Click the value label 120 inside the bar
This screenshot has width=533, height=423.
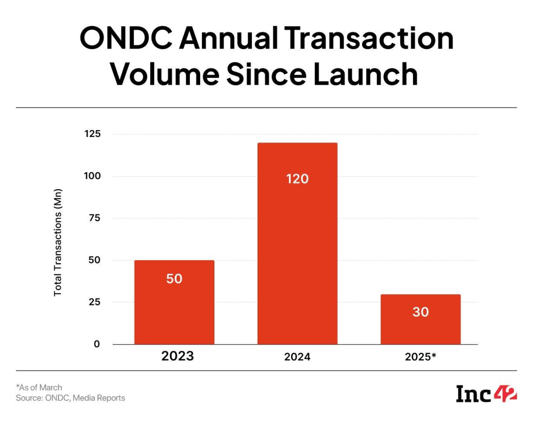(x=297, y=179)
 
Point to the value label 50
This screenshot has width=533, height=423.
(x=174, y=279)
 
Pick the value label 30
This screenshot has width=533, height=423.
(x=421, y=312)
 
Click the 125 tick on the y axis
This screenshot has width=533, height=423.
(x=92, y=134)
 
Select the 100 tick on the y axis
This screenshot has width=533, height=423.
(x=92, y=176)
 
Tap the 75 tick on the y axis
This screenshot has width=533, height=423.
(x=94, y=218)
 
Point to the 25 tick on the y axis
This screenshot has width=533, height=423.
(x=94, y=302)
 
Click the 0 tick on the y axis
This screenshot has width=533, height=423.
(x=97, y=344)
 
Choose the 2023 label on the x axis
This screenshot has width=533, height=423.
(x=178, y=356)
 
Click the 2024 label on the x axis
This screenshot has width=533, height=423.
(x=297, y=357)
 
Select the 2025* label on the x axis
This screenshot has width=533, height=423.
(x=421, y=357)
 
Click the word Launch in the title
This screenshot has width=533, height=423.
(x=365, y=74)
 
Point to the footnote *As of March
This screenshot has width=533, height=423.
(x=39, y=387)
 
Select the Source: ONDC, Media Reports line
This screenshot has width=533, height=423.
(x=71, y=398)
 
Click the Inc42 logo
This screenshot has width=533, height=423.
(x=486, y=394)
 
